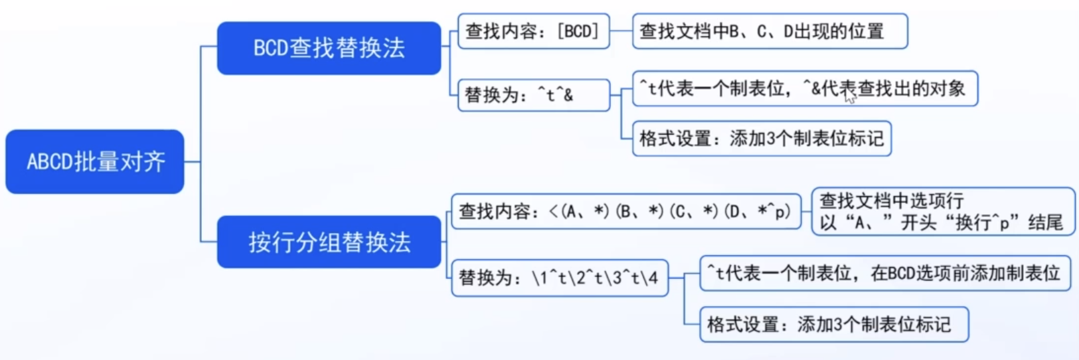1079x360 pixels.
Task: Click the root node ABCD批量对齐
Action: pos(95,161)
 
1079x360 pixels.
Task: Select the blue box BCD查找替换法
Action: pos(329,48)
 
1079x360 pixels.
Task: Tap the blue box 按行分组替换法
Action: pos(329,242)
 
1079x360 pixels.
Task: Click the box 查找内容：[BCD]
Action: pos(533,31)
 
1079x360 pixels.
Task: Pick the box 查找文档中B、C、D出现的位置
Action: pos(770,31)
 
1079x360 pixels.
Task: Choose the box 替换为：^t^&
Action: pos(533,95)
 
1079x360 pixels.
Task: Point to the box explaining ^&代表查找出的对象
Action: pos(805,88)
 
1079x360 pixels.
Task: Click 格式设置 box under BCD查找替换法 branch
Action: pos(761,138)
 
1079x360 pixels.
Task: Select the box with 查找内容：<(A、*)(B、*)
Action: pos(625,211)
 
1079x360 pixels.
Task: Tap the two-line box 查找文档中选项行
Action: pos(942,211)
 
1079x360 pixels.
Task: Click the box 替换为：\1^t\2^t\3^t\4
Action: pos(559,277)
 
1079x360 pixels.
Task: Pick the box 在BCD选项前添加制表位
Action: pos(884,273)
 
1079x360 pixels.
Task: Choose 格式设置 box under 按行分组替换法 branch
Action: pos(833,324)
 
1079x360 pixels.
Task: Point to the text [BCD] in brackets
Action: pos(578,31)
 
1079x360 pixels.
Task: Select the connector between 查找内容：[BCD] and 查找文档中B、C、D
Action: pos(621,31)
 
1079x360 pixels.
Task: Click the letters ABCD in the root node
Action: pos(50,162)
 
